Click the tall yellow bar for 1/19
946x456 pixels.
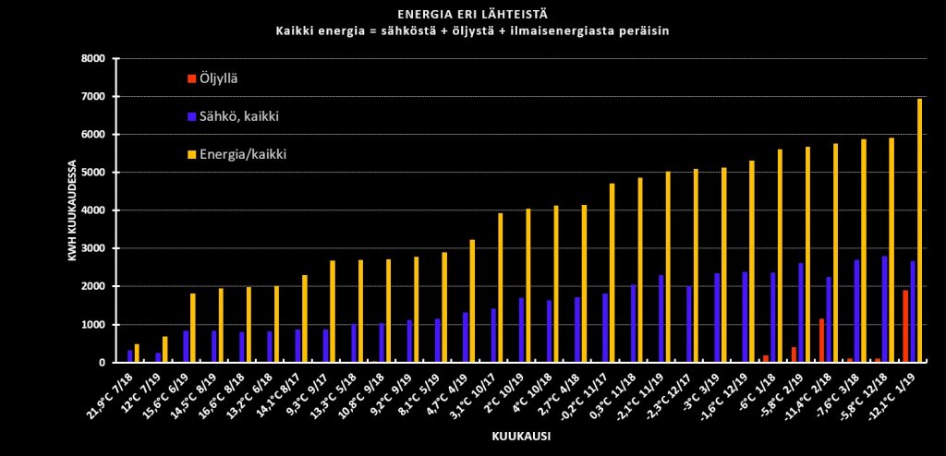pos(919,231)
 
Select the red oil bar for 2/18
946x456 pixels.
pos(820,341)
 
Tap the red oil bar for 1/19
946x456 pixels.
pos(905,327)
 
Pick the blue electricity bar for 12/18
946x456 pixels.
pos(884,309)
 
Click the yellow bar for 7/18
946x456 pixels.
pos(137,354)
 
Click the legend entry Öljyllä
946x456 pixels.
pos(219,78)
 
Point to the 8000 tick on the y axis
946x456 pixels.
pos(96,58)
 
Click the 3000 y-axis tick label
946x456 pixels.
pos(96,248)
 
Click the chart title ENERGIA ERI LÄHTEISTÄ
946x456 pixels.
pos(472,15)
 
